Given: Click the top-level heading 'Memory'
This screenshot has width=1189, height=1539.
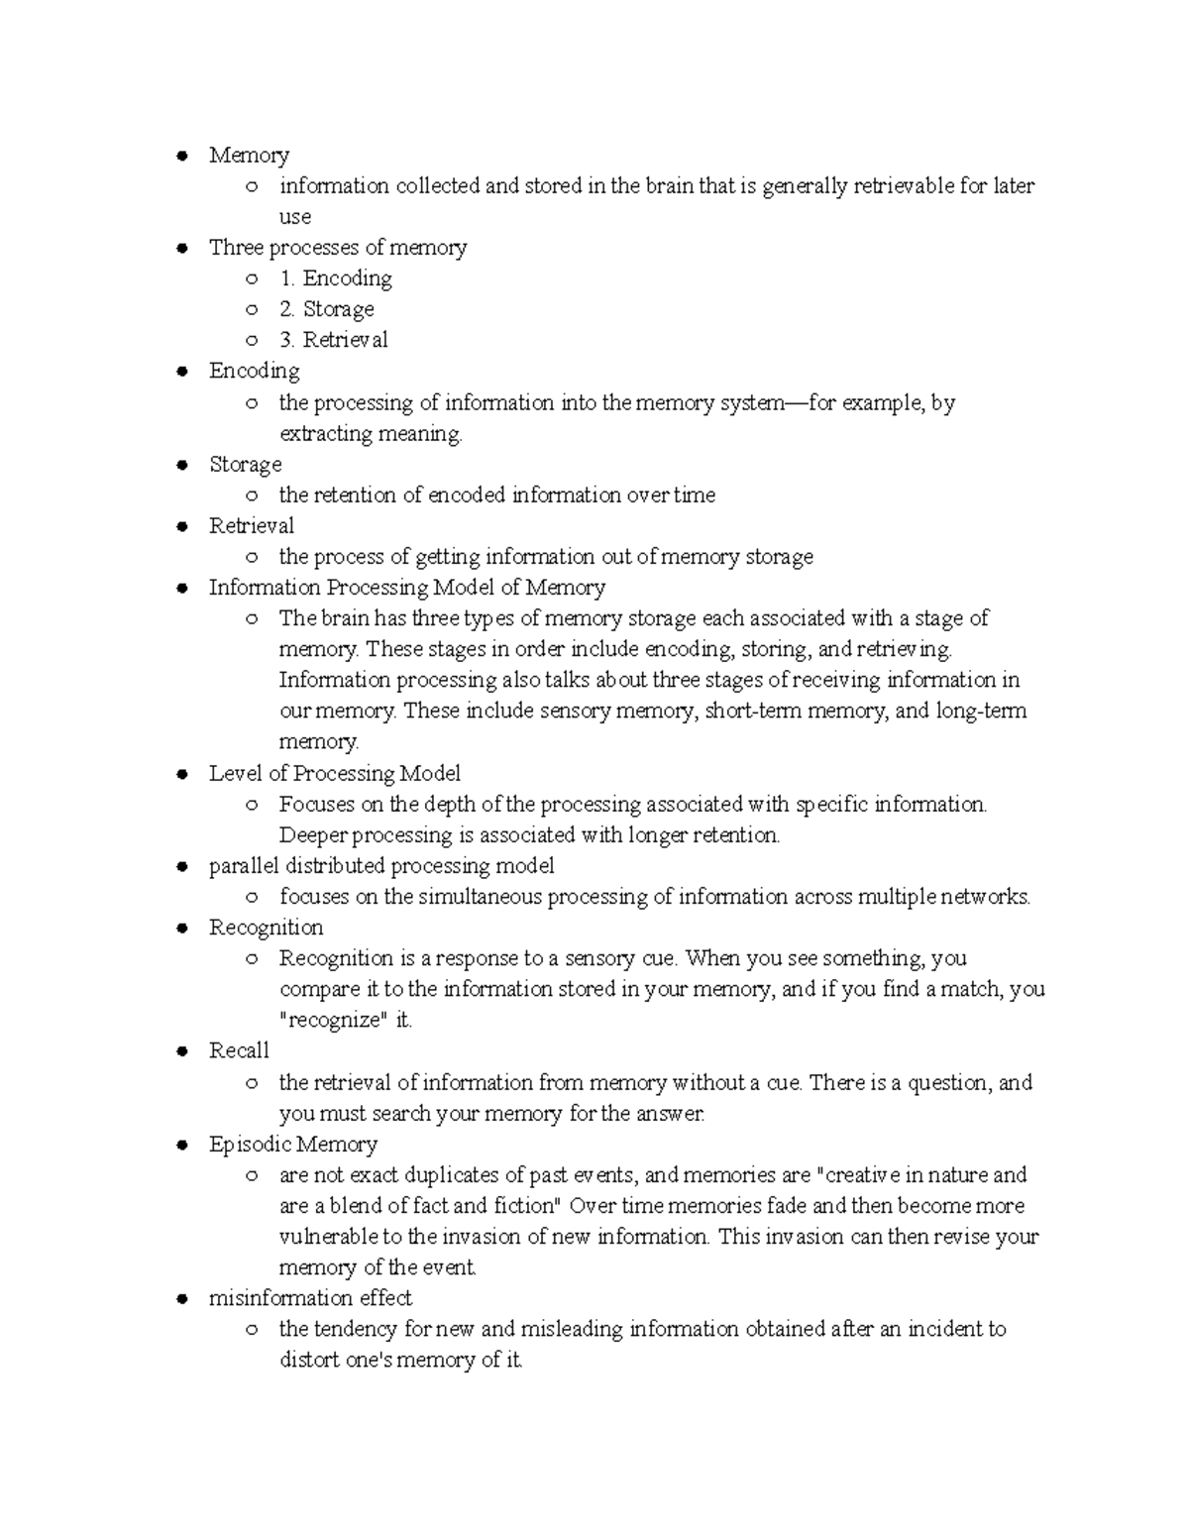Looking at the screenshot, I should tap(249, 156).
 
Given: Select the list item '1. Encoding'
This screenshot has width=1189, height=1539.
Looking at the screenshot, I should tap(335, 278).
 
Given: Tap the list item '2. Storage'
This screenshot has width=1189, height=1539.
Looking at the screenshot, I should tap(326, 309).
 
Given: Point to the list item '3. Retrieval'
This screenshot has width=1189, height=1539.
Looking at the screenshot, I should tap(333, 340).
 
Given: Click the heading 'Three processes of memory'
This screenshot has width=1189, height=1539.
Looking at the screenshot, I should tap(337, 248).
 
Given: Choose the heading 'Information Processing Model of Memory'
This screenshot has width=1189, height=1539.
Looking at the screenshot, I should tap(406, 588).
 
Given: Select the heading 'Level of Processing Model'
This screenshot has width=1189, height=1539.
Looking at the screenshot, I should tap(334, 773).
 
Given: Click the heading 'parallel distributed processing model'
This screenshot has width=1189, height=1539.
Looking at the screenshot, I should tap(380, 866).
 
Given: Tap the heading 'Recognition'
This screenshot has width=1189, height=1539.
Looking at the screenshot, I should tap(266, 928).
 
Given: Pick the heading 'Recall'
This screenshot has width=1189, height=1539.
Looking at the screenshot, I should tap(239, 1050).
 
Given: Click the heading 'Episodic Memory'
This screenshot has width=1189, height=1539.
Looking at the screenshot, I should tap(292, 1145).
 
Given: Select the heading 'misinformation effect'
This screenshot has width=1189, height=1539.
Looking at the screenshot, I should tap(310, 1298).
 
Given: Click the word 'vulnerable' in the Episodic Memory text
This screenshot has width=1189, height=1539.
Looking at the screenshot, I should tap(329, 1237).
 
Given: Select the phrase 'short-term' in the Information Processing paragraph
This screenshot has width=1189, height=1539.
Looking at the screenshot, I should tap(753, 712).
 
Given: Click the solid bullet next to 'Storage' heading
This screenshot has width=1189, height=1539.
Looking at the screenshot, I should tap(181, 465).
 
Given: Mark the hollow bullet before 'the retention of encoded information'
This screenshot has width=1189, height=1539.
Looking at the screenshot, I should tap(253, 495).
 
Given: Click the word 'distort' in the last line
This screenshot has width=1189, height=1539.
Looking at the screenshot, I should tap(308, 1360).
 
